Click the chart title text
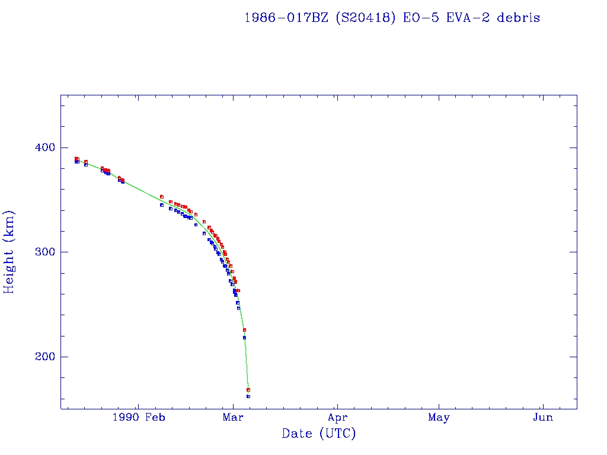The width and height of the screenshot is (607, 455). point(392,18)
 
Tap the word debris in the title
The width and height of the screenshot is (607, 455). point(519,18)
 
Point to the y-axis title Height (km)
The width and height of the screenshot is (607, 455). point(9,252)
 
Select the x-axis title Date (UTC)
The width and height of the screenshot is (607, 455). point(319,434)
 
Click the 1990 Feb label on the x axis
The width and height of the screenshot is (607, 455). point(138,418)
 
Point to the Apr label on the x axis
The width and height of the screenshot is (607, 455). point(337,418)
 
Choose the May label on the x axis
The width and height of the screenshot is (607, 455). point(439,418)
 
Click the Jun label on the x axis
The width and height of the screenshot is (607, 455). point(542,418)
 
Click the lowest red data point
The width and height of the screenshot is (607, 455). point(248,389)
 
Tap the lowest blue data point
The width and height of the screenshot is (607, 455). point(248,396)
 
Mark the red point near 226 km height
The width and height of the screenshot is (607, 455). point(244,329)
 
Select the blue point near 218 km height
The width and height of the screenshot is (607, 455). point(244,338)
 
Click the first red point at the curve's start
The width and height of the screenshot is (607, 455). point(76,158)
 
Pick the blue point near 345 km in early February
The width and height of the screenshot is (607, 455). point(161,205)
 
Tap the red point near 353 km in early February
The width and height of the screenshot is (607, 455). point(161,197)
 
